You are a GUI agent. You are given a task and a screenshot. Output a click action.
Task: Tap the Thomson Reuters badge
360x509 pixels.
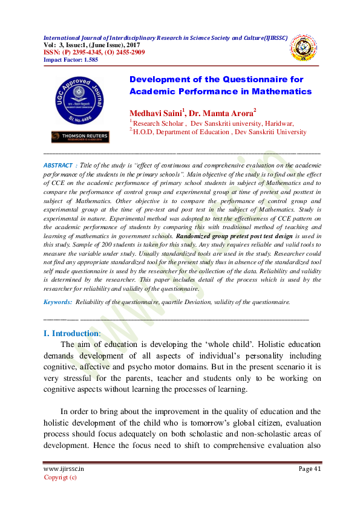[80, 137]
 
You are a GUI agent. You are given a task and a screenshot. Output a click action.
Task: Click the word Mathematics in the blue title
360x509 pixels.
[282, 91]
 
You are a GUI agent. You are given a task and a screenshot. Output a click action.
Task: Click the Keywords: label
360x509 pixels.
[59, 301]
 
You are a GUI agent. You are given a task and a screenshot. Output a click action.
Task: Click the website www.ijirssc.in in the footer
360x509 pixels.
[63, 468]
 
